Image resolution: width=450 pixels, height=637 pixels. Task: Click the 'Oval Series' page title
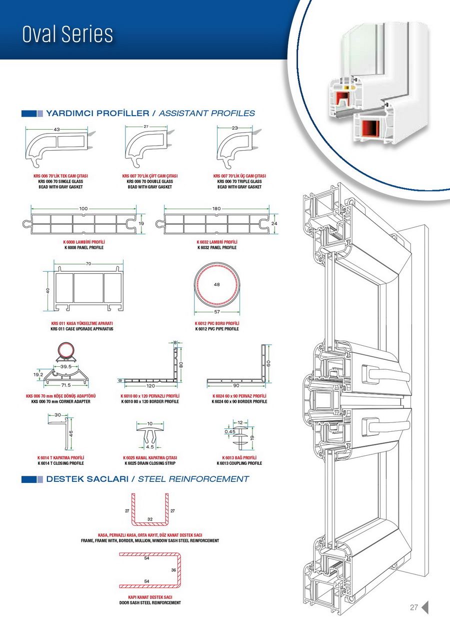67,34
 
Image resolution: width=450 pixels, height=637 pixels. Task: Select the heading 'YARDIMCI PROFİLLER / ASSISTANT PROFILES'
150,114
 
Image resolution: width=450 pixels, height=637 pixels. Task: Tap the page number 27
413,607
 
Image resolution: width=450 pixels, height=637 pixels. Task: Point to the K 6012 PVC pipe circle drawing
216,290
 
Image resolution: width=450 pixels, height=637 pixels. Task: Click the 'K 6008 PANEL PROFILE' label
84,248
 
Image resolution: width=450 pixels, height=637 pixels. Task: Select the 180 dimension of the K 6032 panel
216,208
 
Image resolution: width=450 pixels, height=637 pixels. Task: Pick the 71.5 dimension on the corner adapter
65,386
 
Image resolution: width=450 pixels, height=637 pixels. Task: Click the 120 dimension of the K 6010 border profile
150,386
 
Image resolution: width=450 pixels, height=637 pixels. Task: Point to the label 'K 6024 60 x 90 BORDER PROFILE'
239,401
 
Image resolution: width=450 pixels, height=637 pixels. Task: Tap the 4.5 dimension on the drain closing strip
150,447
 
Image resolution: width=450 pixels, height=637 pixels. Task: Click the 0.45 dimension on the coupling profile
230,431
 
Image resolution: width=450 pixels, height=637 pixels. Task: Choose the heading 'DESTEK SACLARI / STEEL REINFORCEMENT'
147,479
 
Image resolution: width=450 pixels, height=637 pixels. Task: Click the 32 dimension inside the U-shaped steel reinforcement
150,519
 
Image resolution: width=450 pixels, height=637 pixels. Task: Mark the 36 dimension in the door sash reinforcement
173,570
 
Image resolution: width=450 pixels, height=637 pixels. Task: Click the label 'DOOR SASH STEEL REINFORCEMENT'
150,602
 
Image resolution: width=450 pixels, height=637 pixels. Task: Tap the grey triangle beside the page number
425,607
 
